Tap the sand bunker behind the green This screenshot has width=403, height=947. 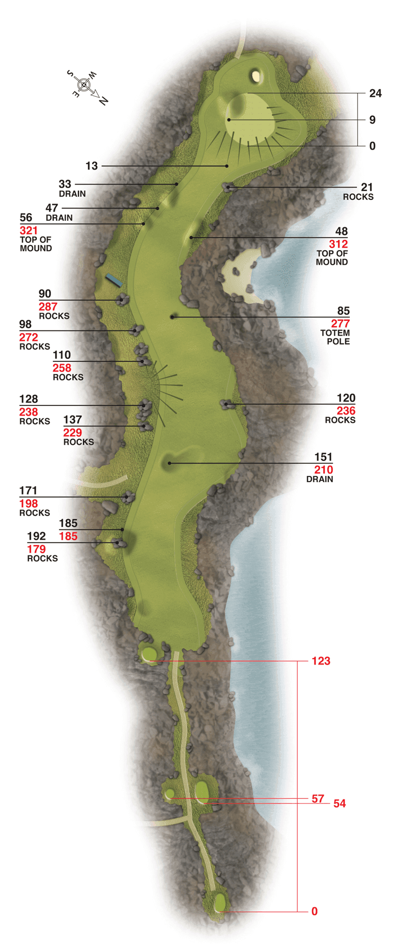click(256, 76)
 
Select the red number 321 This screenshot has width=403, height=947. click(29, 231)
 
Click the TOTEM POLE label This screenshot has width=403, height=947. click(335, 337)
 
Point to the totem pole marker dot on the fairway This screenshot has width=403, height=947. click(173, 317)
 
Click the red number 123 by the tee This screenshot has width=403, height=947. click(321, 661)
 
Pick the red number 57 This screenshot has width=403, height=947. click(317, 798)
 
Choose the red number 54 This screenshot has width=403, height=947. click(340, 804)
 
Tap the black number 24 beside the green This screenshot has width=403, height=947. click(375, 93)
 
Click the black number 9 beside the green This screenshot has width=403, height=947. click(372, 120)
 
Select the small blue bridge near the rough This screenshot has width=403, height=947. click(114, 280)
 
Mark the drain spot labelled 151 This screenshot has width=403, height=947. click(169, 463)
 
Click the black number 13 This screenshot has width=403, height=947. click(92, 166)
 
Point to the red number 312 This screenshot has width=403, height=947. click(338, 244)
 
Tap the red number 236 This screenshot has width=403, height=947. click(346, 411)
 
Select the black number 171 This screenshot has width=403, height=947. click(28, 491)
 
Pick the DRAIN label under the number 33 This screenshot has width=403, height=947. click(72, 194)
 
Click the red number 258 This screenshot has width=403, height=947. click(61, 368)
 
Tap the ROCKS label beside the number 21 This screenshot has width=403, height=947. click(358, 197)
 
